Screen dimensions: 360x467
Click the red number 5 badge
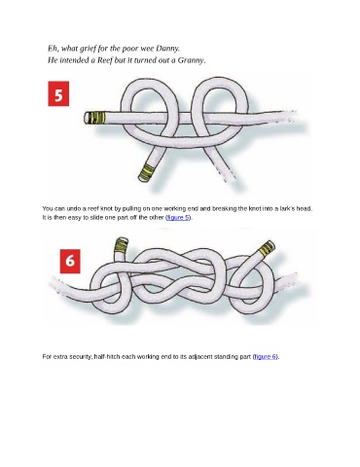(x=58, y=93)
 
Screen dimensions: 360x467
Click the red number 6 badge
(x=70, y=261)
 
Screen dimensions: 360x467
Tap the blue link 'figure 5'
(x=178, y=217)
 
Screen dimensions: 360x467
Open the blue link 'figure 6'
(x=266, y=357)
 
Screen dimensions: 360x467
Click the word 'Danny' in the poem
(x=166, y=49)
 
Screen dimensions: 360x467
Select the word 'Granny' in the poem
(x=190, y=60)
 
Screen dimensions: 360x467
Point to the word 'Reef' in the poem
(x=105, y=60)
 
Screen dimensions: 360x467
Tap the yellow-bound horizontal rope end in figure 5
(x=94, y=118)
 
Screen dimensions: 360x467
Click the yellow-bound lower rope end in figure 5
(x=147, y=172)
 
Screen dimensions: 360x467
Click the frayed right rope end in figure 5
(x=289, y=116)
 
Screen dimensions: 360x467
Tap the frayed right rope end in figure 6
(x=290, y=280)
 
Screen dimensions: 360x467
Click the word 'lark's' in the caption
(x=293, y=208)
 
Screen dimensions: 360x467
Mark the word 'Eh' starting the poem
(x=53, y=49)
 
